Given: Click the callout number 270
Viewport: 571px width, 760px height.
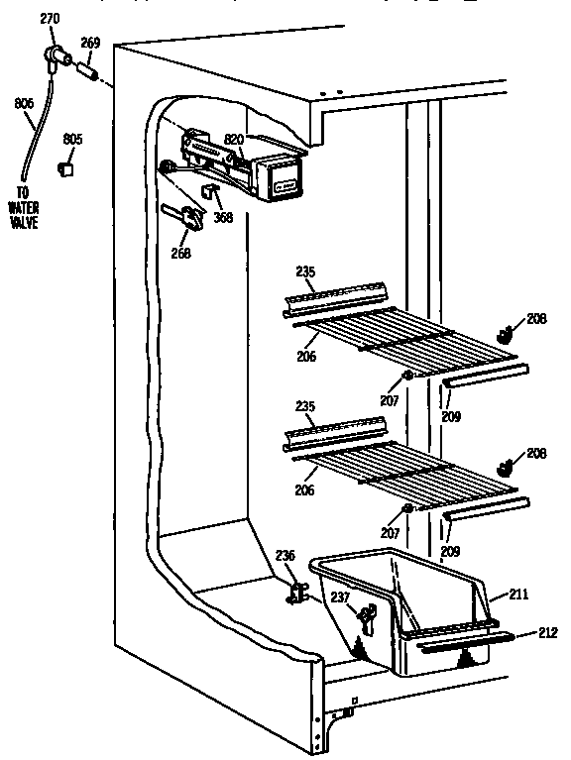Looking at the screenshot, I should click(x=50, y=18).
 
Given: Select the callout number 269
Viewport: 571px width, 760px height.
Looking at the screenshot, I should click(x=91, y=44).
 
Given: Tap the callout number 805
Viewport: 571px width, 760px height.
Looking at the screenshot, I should click(x=72, y=139).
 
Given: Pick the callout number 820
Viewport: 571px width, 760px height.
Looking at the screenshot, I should click(x=234, y=141).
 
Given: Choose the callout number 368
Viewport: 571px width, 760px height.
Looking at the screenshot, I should click(x=224, y=218).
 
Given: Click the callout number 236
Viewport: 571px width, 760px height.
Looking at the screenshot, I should click(x=285, y=557).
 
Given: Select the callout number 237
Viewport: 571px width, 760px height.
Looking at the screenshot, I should click(x=341, y=597).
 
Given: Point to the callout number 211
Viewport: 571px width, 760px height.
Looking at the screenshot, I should click(x=519, y=595).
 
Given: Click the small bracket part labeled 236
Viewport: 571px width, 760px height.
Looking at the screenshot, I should click(x=296, y=593).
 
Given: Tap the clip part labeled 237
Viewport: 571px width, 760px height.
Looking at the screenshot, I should click(x=366, y=618).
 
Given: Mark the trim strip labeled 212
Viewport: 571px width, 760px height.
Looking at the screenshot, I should click(x=461, y=647).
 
